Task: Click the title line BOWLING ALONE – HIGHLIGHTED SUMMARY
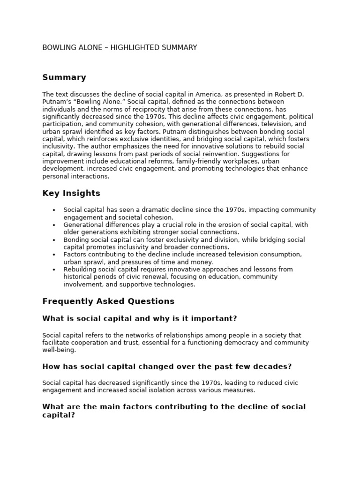(x=120, y=48)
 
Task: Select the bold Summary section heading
(x=64, y=77)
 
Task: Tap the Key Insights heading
(x=71, y=193)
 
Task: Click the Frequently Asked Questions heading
(x=108, y=301)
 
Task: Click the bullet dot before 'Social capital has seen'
(x=54, y=210)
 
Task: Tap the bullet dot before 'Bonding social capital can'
(x=54, y=240)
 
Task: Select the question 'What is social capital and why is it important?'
(x=139, y=319)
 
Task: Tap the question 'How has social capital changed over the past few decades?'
(x=167, y=367)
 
